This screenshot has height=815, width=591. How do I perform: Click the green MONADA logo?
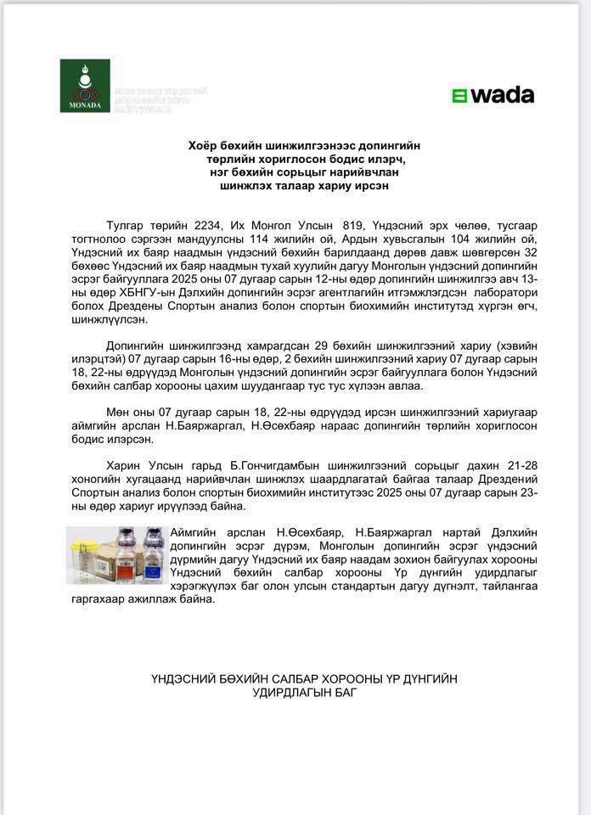click(x=85, y=85)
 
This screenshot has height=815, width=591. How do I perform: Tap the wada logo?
click(x=492, y=95)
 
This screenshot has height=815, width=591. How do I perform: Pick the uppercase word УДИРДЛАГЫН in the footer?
click(x=301, y=692)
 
